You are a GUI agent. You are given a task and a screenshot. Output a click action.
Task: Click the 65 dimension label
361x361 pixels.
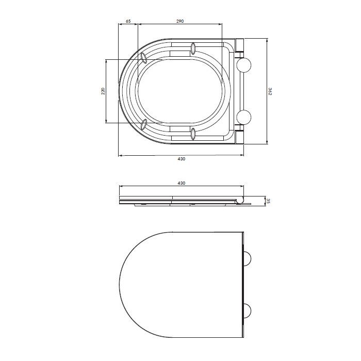coord(128,21)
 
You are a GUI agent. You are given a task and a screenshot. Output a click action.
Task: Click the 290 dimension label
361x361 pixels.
coord(180,21)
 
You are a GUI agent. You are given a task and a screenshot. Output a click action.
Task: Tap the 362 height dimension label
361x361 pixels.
coord(270,91)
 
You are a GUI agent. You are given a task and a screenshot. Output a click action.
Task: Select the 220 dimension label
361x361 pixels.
coord(103,91)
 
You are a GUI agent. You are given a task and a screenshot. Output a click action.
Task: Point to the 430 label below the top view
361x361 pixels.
coord(182,159)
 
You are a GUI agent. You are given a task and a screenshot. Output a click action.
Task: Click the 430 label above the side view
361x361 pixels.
coord(182,183)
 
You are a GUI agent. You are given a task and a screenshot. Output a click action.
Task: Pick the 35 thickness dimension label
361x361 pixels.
coord(268,201)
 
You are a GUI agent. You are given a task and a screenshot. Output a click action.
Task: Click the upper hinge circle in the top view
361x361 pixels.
coord(243,65)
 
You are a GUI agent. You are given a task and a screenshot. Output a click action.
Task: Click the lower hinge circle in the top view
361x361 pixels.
coord(243,118)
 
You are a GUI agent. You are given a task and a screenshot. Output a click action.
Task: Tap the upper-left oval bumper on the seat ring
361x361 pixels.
coord(144,58)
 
